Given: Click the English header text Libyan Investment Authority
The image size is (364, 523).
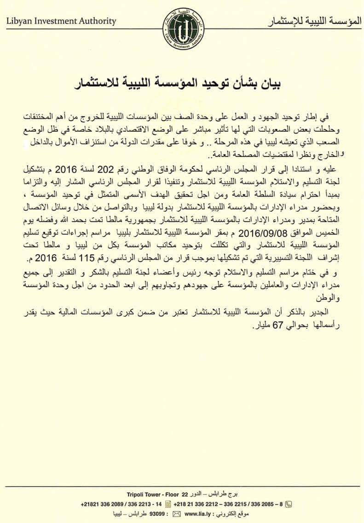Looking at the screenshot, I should click(x=61, y=21).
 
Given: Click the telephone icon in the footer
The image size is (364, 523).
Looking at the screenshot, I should click(x=289, y=503).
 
